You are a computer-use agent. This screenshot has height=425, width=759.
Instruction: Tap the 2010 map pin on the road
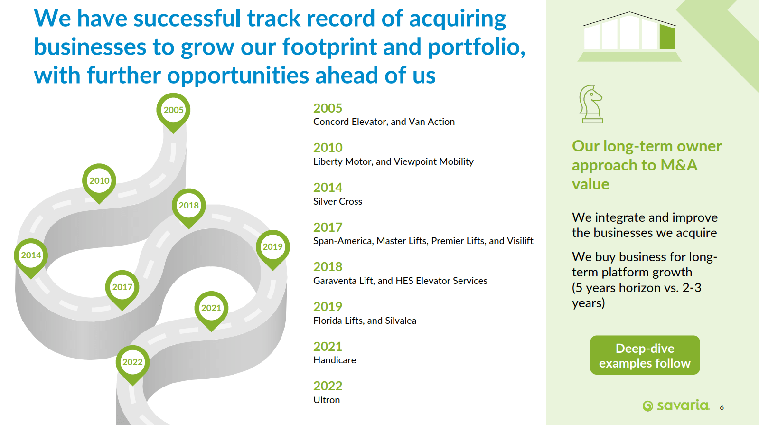point(99,182)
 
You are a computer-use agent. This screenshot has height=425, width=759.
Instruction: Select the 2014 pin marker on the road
point(31,256)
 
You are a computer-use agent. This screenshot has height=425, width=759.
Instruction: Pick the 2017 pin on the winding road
point(122,288)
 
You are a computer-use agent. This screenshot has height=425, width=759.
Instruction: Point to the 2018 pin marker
point(189,207)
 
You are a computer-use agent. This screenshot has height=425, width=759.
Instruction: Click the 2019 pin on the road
point(273,248)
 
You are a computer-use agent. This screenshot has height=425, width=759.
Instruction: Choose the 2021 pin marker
point(211,309)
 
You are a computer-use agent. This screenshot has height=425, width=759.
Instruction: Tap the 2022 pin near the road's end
point(132,363)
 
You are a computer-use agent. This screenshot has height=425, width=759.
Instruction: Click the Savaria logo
point(675,406)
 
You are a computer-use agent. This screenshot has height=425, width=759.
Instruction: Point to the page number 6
point(722,407)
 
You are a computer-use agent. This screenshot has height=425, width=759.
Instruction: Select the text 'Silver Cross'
point(337,201)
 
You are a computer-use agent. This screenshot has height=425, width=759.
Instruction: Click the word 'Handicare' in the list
point(335,360)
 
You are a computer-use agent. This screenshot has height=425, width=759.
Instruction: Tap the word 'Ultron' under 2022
point(326,400)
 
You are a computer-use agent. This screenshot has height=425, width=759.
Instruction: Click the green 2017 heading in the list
point(328,227)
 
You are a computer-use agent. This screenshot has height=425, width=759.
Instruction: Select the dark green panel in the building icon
point(667,37)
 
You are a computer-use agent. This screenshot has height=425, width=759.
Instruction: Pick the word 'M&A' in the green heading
point(679,165)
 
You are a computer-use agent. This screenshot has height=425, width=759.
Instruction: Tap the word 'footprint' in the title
point(329,47)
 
